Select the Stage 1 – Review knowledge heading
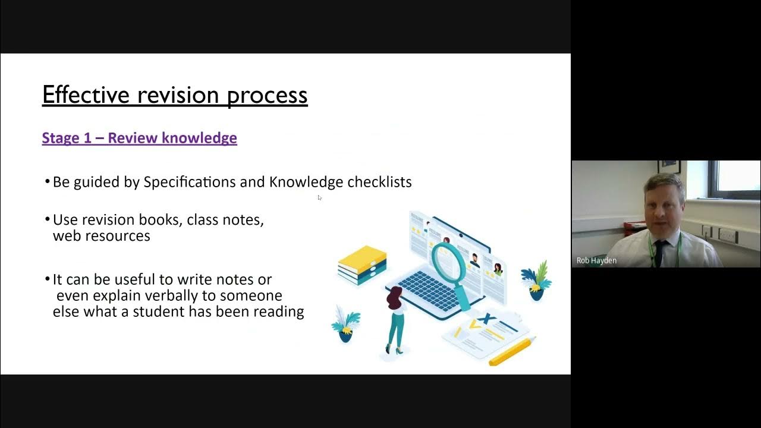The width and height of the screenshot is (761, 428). click(139, 138)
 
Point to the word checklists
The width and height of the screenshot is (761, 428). click(379, 182)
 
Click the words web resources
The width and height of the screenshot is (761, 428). click(101, 236)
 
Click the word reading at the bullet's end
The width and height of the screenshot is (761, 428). click(279, 311)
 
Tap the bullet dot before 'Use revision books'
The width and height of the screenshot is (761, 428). click(48, 220)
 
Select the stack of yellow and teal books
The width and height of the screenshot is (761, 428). click(362, 265)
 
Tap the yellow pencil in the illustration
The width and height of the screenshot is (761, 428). click(511, 352)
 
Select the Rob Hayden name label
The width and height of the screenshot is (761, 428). click(596, 260)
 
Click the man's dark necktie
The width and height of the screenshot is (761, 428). click(659, 253)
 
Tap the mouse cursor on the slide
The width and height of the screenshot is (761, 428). click(319, 197)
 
